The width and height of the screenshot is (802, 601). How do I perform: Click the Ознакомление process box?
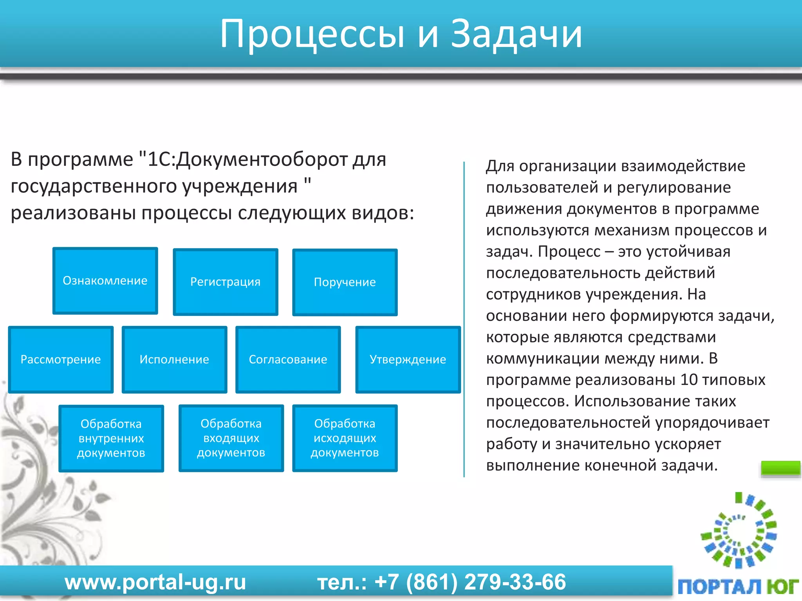click(x=105, y=281)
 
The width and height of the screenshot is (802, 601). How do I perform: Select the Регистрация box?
click(x=225, y=282)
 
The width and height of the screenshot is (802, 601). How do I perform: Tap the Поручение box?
click(x=345, y=282)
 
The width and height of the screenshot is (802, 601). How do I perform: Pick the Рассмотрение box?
click(x=61, y=359)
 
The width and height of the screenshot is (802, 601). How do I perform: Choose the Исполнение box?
click(x=174, y=359)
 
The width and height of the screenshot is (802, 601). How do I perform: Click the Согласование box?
click(x=288, y=359)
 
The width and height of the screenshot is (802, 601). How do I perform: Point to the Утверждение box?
click(x=408, y=359)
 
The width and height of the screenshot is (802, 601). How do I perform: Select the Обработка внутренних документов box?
click(x=111, y=438)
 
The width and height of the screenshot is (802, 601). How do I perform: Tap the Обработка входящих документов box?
click(x=231, y=438)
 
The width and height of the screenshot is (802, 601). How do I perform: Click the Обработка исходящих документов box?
click(x=345, y=438)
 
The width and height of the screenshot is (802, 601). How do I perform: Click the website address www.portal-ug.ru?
click(x=155, y=582)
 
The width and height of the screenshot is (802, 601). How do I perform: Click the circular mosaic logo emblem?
click(x=739, y=530)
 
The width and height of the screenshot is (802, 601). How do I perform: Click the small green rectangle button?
click(x=780, y=468)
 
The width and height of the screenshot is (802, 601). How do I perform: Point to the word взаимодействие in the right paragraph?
click(x=683, y=166)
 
